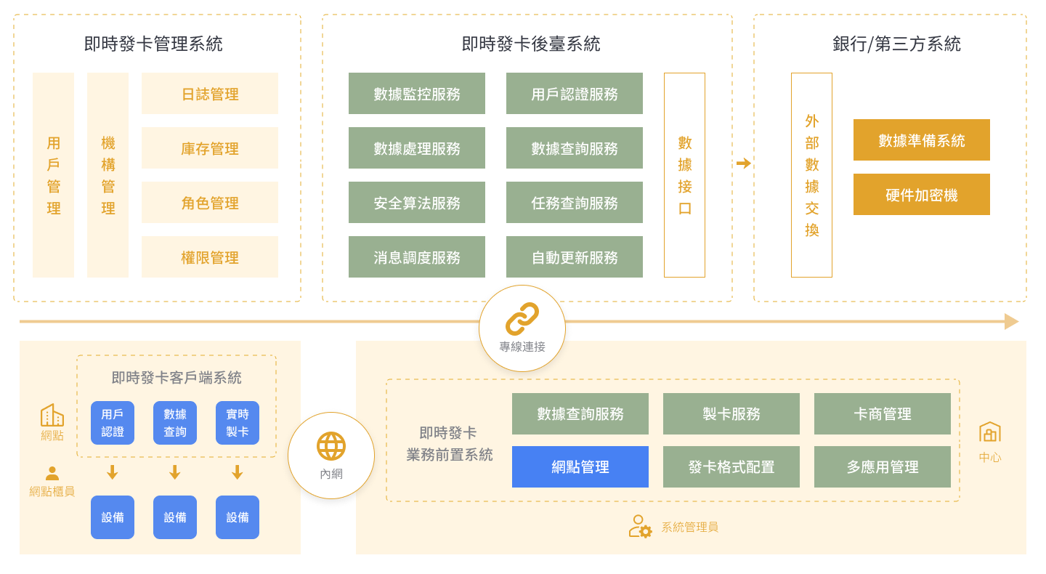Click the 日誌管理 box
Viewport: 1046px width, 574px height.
pos(210,94)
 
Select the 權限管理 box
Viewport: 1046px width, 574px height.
pos(210,257)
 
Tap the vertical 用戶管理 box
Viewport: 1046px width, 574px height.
pos(53,175)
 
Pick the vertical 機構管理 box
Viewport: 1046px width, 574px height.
pos(108,175)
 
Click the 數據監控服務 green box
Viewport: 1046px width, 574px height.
pos(417,94)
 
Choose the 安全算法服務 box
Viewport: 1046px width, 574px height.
pos(417,203)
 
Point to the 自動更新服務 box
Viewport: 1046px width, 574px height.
pos(575,257)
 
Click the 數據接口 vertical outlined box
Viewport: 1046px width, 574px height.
pos(684,175)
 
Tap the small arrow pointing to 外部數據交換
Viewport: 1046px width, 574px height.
pos(743,163)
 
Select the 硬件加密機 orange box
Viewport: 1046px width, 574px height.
pos(921,195)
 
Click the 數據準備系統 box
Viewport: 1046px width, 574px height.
pos(921,140)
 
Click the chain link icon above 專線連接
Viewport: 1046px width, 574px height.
pos(522,319)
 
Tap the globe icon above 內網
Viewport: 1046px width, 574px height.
pos(331,446)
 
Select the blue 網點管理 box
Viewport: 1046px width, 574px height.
pos(580,467)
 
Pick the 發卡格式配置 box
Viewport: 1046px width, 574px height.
pos(731,467)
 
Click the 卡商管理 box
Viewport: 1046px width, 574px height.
pos(883,414)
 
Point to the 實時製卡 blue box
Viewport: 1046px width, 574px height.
pos(238,423)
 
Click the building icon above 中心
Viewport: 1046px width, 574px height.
pos(990,432)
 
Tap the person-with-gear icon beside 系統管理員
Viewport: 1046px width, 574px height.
pos(640,526)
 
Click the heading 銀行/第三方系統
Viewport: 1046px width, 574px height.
pos(896,44)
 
